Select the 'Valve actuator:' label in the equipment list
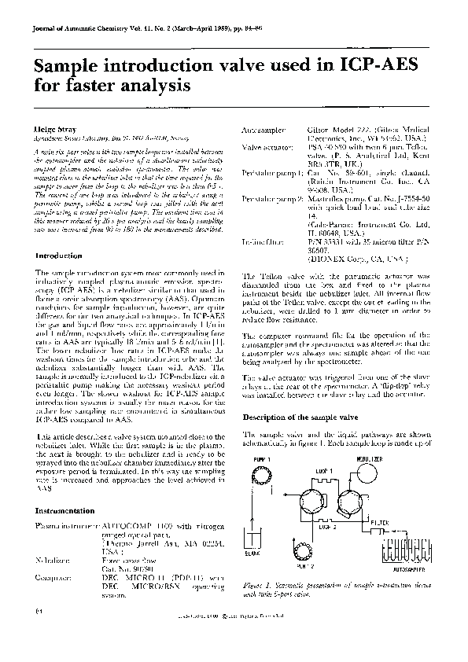pos(265,146)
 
